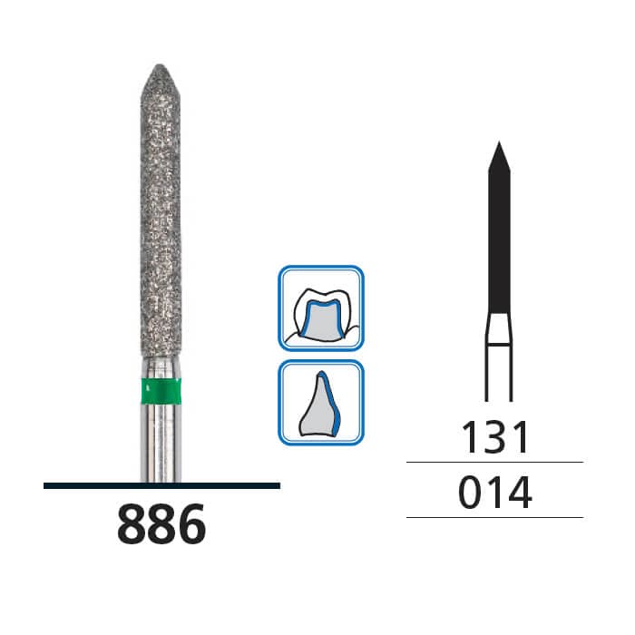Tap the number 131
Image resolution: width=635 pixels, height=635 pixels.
click(494, 438)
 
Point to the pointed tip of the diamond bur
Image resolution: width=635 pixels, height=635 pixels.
click(161, 67)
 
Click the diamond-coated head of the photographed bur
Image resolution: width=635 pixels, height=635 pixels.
click(161, 218)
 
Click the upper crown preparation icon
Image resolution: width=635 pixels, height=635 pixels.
click(321, 308)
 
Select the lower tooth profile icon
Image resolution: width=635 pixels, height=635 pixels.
click(321, 403)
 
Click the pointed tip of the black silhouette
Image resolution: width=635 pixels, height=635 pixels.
click(498, 146)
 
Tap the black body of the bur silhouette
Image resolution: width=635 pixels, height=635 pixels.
click(498, 236)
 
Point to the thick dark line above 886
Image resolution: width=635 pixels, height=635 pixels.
click(161, 486)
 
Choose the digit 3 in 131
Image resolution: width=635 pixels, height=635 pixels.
click(495, 438)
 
